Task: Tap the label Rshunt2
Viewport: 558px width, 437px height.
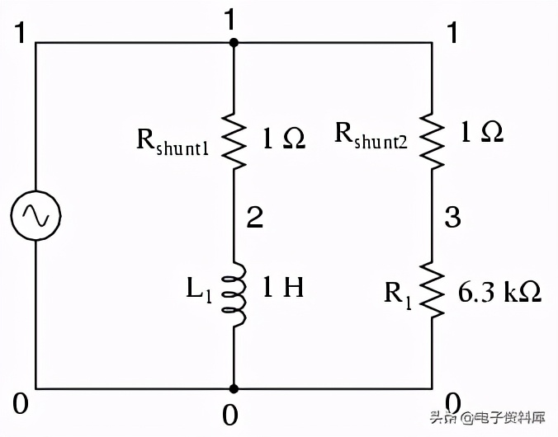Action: pyautogui.click(x=371, y=134)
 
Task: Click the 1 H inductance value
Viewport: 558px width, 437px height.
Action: pyautogui.click(x=283, y=289)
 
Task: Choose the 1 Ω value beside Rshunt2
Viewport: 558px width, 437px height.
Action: pyautogui.click(x=481, y=132)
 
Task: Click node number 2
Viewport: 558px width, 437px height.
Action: pyautogui.click(x=255, y=217)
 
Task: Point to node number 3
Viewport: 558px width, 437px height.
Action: pyautogui.click(x=452, y=218)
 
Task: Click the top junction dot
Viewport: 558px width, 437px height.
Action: pyautogui.click(x=234, y=42)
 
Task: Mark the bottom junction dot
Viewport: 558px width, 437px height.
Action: pyautogui.click(x=234, y=388)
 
